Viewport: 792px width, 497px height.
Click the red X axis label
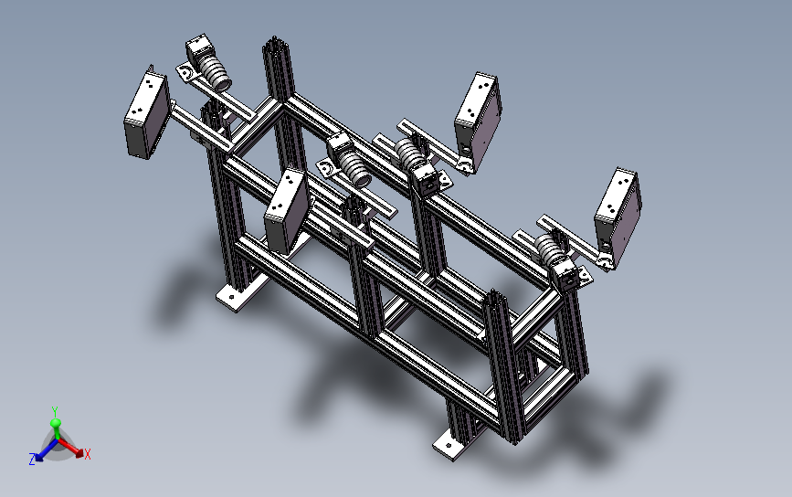[88, 454]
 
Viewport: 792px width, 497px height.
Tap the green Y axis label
[55, 411]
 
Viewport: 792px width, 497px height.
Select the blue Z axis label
[32, 460]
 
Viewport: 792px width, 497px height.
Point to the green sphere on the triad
[56, 423]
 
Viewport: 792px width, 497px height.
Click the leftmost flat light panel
[146, 115]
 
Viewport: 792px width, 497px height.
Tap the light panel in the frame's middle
[287, 211]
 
